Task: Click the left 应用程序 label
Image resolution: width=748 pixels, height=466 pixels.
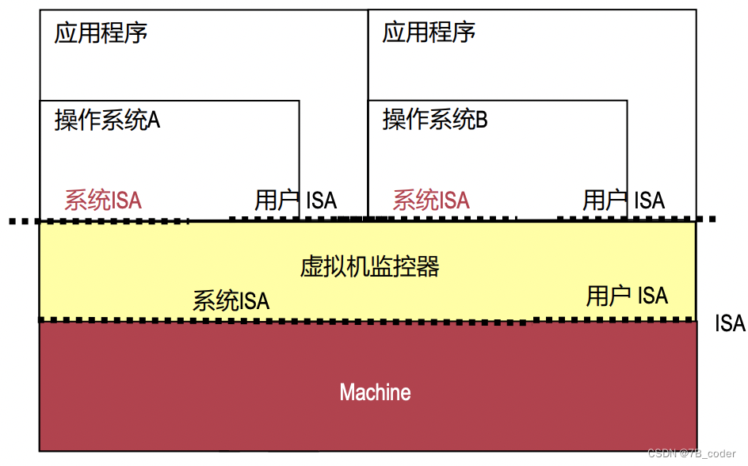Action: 101,34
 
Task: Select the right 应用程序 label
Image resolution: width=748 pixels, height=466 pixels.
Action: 429,33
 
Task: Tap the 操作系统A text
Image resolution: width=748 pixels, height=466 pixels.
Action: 107,120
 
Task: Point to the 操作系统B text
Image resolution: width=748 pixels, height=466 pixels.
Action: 435,120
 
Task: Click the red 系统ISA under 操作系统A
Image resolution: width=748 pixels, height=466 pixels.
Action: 103,200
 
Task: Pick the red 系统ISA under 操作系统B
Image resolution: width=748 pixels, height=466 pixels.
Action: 431,200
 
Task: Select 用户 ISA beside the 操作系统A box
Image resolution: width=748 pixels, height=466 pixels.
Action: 296,200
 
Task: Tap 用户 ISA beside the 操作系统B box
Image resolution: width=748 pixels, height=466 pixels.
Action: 624,200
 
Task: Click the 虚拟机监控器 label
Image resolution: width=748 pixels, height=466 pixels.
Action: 369,266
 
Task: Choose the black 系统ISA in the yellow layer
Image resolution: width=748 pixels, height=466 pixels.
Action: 231,300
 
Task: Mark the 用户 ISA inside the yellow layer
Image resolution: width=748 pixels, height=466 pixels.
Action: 627,296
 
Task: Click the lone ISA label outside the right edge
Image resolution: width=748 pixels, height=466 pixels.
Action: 730,323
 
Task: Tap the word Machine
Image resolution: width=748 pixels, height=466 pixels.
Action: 375,392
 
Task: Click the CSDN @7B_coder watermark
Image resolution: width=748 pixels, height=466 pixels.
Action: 692,454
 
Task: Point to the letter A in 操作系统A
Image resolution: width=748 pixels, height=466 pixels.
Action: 154,120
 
